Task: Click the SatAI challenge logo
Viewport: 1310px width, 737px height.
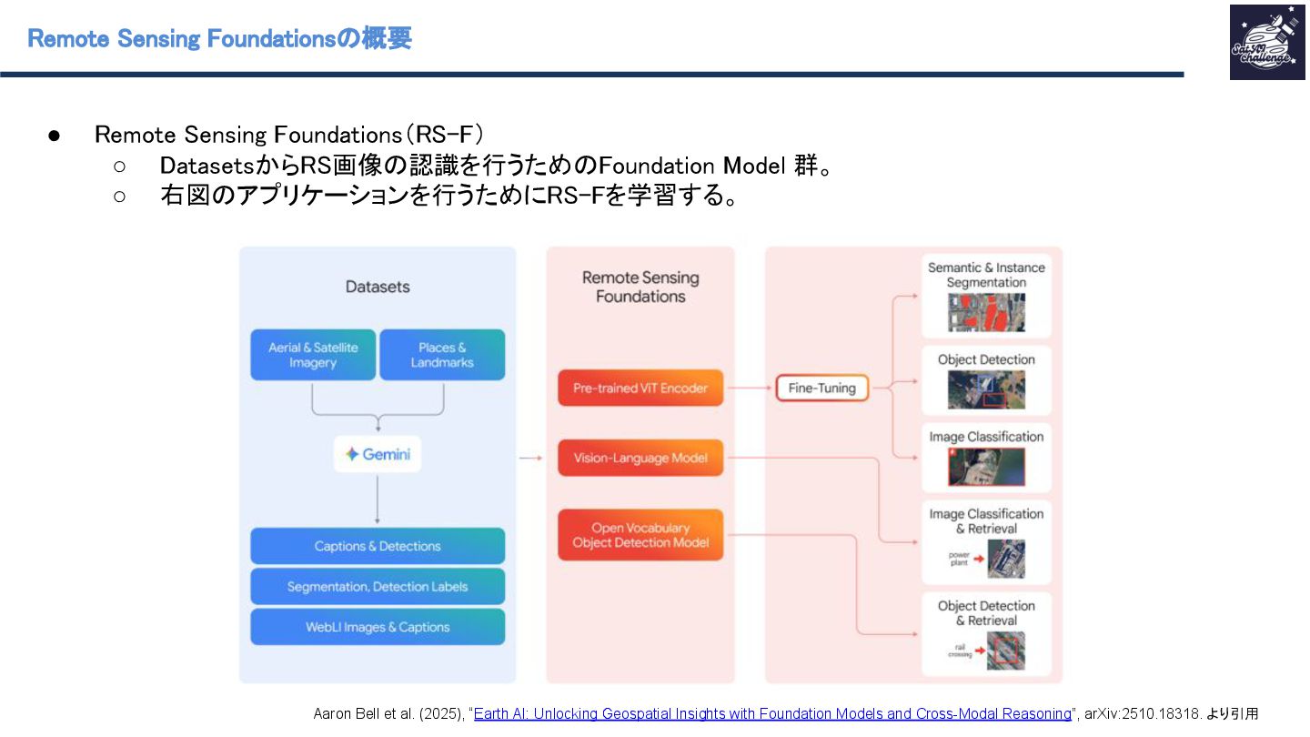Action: click(x=1266, y=42)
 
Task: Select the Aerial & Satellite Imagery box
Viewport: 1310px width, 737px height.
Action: click(x=313, y=355)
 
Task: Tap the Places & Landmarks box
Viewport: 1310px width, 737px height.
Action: click(x=442, y=355)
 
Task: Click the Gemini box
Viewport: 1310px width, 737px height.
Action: click(x=378, y=454)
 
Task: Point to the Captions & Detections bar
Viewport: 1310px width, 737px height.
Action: click(x=378, y=546)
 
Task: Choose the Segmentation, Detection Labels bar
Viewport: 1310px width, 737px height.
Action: click(x=378, y=587)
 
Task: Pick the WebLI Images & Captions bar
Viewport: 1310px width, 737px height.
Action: click(x=378, y=627)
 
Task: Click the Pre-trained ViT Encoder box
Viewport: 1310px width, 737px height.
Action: click(x=640, y=388)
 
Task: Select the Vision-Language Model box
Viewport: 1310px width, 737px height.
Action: click(x=640, y=458)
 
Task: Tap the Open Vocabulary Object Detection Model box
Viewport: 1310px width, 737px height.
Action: click(x=640, y=535)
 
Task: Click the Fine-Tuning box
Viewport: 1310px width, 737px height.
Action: click(x=821, y=388)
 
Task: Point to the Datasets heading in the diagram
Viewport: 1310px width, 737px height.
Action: click(x=378, y=287)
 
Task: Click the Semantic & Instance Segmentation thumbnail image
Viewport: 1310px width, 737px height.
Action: click(x=986, y=311)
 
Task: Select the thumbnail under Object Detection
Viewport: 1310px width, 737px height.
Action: click(x=986, y=389)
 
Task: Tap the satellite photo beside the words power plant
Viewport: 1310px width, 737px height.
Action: click(x=1005, y=560)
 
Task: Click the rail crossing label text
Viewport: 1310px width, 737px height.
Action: click(x=960, y=651)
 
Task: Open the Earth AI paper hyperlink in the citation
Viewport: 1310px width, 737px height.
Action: click(x=772, y=714)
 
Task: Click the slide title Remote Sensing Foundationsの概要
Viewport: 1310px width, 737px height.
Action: click(x=219, y=38)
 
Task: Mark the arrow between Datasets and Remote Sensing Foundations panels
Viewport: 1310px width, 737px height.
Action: click(x=530, y=458)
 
